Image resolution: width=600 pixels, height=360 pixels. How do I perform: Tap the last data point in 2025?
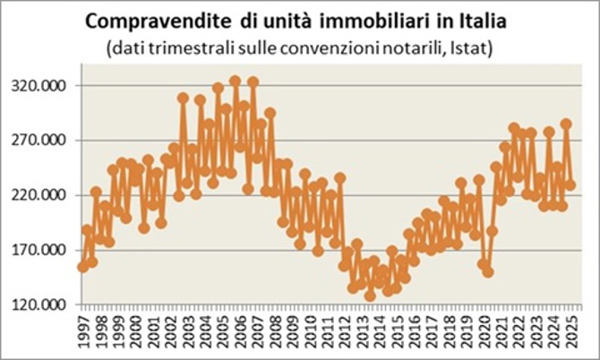pos(570,185)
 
